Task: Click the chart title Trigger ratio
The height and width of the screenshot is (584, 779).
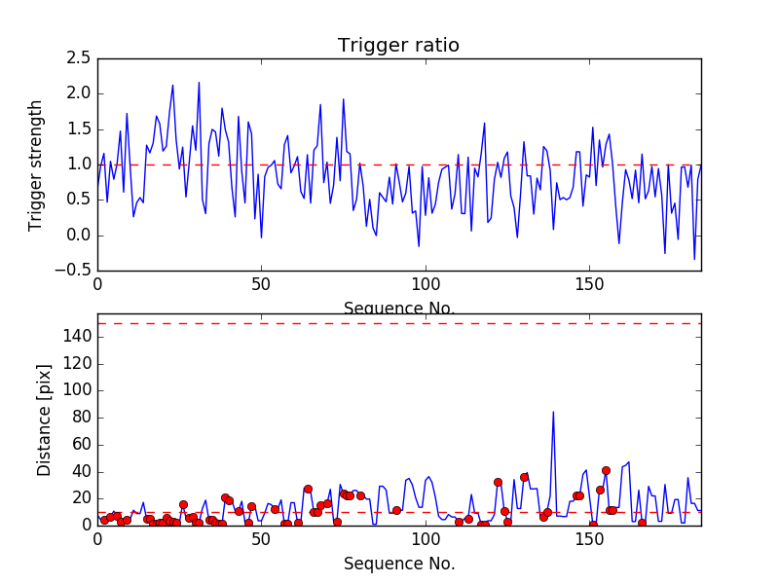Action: [x=398, y=46]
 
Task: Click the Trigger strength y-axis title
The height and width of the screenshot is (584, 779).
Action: [x=36, y=164]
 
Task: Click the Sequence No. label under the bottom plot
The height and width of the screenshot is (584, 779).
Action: [x=398, y=564]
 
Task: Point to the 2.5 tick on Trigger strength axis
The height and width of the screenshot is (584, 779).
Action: [x=80, y=58]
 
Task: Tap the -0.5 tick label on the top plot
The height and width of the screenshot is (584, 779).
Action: [x=77, y=271]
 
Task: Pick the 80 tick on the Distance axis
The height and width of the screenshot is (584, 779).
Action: [x=82, y=418]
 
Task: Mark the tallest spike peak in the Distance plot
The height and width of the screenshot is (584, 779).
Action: [x=553, y=412]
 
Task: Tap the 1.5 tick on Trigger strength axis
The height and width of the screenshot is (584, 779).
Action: [x=80, y=129]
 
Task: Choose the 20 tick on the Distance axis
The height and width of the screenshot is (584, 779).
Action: [x=82, y=498]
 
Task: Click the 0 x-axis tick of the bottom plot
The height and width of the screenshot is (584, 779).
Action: [x=97, y=541]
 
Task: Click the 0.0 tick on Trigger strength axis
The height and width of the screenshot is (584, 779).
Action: [x=80, y=236]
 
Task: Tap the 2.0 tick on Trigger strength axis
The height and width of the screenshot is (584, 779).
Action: [x=80, y=93]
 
